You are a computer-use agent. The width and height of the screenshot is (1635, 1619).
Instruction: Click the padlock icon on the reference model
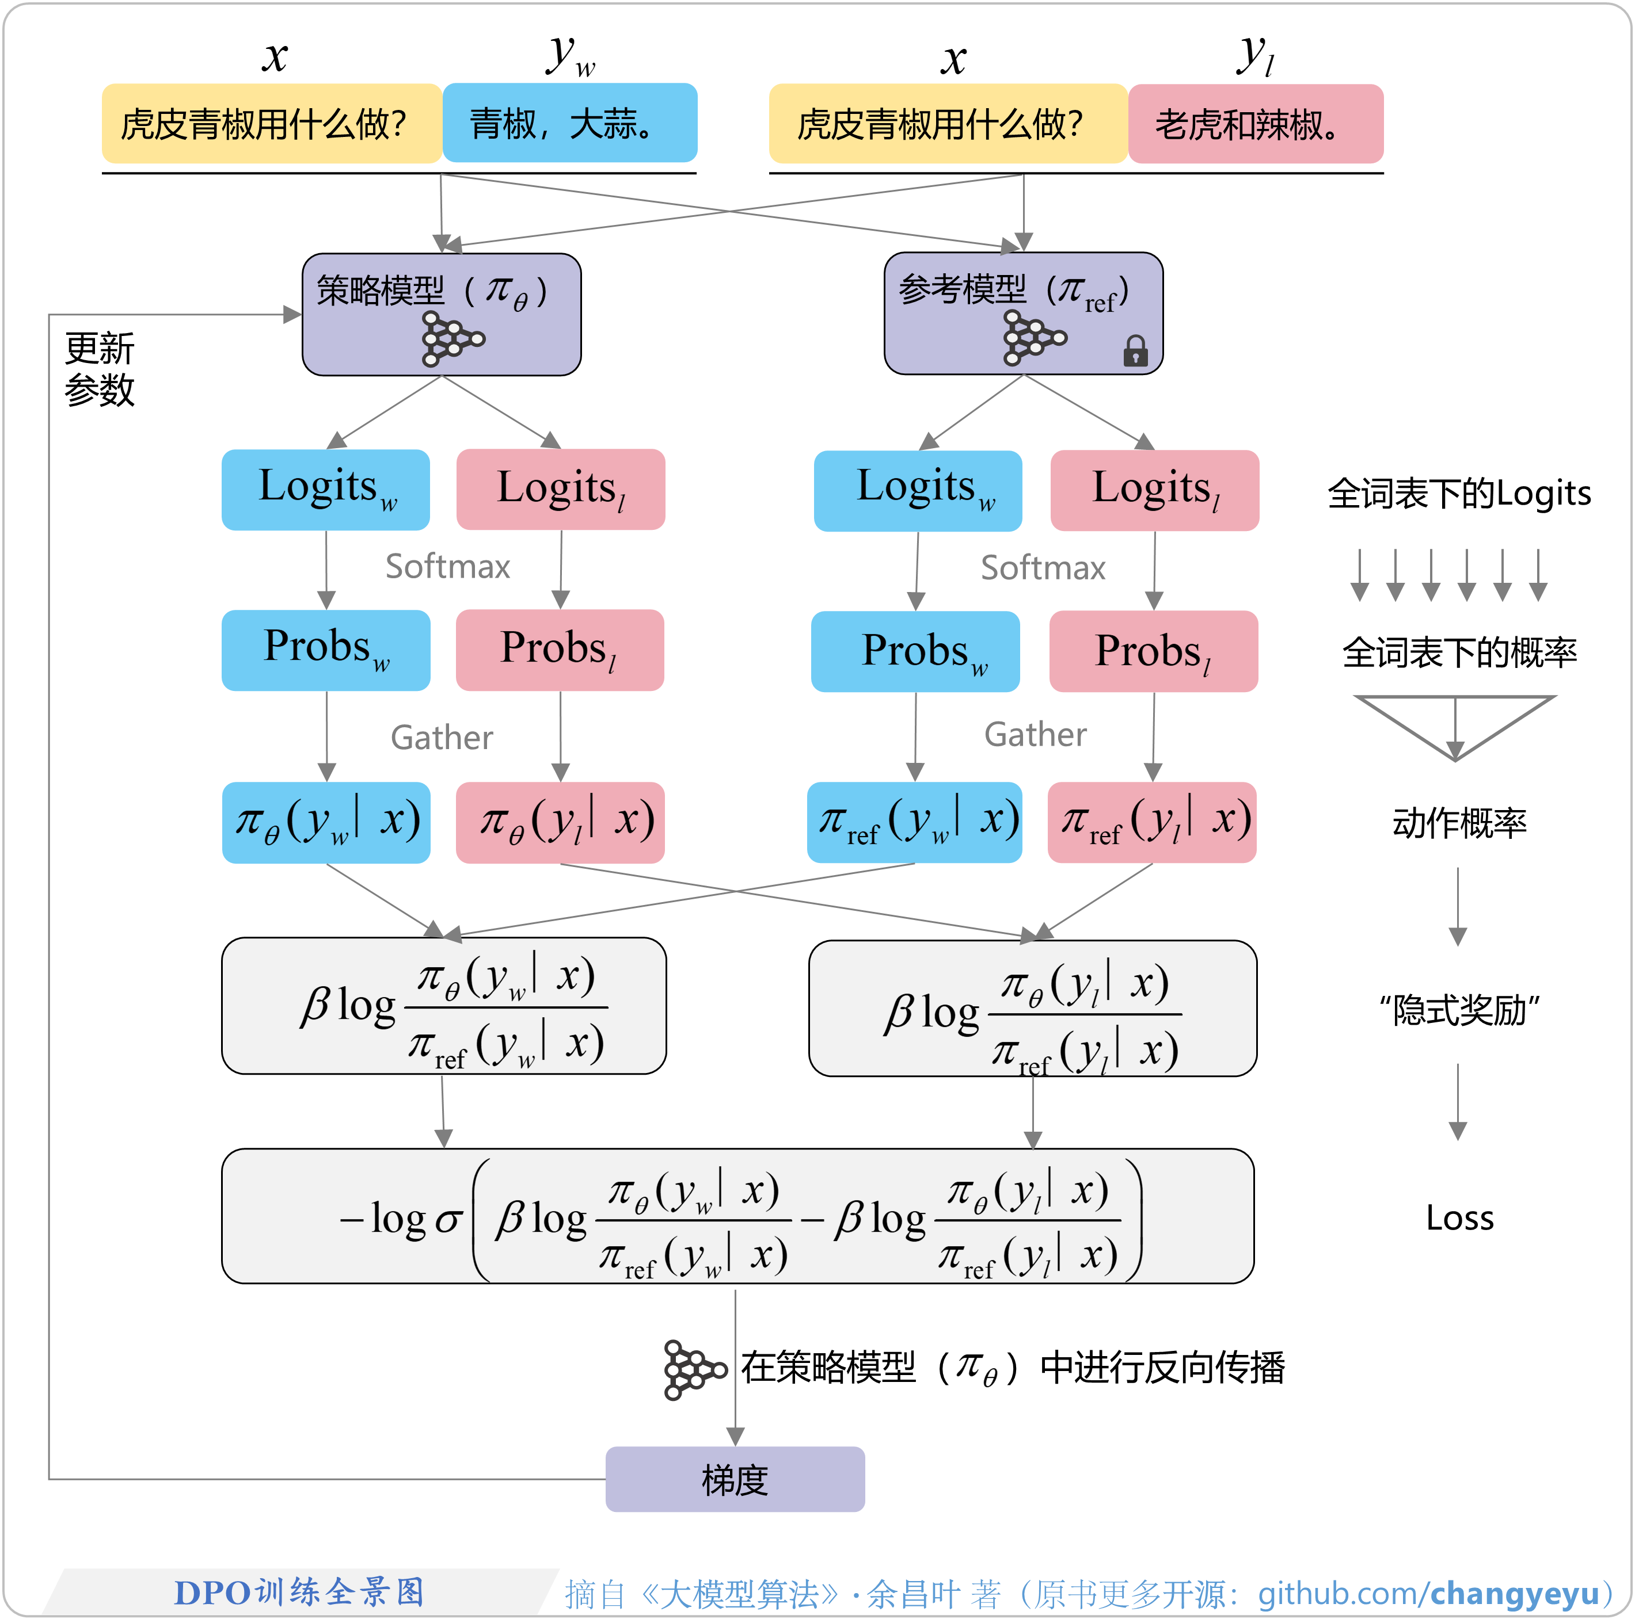[1135, 350]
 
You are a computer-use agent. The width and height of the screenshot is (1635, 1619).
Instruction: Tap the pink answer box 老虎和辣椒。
[1255, 124]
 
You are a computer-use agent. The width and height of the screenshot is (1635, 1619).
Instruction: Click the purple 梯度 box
[735, 1479]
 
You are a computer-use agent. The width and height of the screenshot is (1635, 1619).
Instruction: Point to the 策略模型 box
[441, 314]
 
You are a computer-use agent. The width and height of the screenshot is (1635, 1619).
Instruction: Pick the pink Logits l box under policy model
[560, 489]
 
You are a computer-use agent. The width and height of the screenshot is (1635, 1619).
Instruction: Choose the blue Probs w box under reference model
[915, 651]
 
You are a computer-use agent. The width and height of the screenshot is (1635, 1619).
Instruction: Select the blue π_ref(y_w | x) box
[915, 822]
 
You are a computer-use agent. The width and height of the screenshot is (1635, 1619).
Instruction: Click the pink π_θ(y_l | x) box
[560, 822]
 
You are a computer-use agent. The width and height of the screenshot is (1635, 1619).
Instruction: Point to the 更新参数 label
[99, 369]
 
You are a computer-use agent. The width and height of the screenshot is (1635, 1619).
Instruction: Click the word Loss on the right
[1459, 1218]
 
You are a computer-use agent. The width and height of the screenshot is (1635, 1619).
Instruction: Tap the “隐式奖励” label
[1458, 1009]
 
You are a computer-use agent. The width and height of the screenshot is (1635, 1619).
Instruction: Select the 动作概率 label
[1459, 822]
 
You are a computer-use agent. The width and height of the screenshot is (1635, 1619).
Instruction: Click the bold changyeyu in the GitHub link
[1514, 1594]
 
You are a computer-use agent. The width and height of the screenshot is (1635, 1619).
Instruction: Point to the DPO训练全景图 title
[298, 1592]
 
